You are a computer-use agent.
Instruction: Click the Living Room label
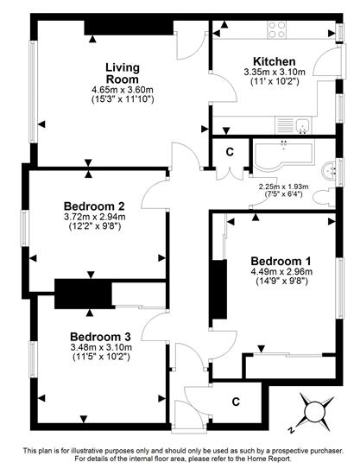click(123, 73)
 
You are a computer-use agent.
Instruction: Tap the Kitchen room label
click(275, 61)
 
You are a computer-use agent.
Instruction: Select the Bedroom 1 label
click(281, 261)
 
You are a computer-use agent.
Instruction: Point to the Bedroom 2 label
click(94, 206)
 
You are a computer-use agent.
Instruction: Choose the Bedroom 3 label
click(100, 337)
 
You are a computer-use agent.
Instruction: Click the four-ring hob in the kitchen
click(277, 29)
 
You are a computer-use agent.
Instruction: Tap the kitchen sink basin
click(302, 125)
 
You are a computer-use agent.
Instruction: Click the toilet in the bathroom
click(325, 199)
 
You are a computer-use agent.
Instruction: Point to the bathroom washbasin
click(330, 172)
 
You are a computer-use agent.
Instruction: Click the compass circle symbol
click(315, 412)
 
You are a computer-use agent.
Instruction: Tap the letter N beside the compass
click(292, 429)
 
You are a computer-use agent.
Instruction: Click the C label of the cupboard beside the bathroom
click(231, 152)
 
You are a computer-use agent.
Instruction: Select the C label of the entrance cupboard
click(236, 402)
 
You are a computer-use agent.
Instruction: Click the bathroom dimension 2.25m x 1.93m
click(284, 187)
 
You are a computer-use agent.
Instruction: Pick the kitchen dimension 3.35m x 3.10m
click(275, 73)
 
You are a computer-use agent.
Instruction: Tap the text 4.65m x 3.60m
click(123, 90)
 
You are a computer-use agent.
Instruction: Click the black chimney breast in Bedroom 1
click(220, 289)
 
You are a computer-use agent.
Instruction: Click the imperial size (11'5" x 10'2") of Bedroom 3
click(101, 357)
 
